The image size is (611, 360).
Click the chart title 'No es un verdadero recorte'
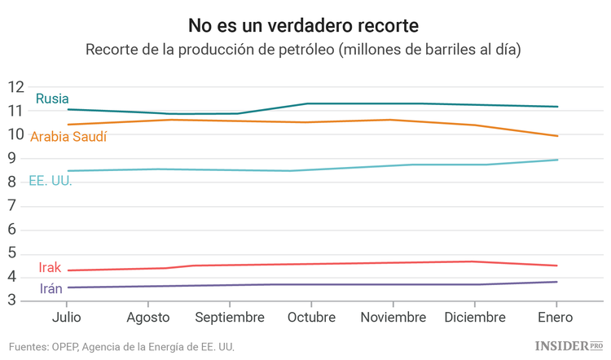(x=305, y=24)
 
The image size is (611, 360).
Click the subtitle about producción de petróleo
(x=305, y=49)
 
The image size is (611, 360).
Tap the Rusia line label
(x=52, y=99)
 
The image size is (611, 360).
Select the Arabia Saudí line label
(x=68, y=137)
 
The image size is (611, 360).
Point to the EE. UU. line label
(x=51, y=181)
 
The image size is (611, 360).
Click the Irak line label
(x=50, y=268)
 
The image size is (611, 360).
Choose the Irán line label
(x=51, y=289)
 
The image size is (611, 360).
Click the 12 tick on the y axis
(x=16, y=87)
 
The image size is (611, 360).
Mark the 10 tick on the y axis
(x=16, y=134)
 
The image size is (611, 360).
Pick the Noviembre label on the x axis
(x=393, y=317)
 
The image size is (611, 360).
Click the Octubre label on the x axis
(x=311, y=317)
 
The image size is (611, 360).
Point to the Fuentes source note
(x=122, y=347)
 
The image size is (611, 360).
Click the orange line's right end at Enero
(x=557, y=136)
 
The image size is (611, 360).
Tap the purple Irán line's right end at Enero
(x=557, y=282)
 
